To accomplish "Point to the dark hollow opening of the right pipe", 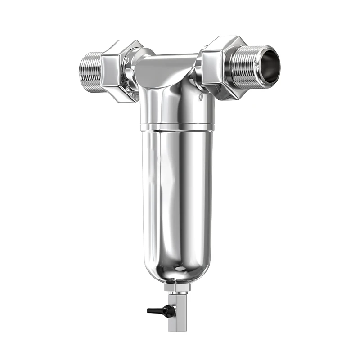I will click(x=270, y=66).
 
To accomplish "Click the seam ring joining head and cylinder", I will click(x=176, y=127).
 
